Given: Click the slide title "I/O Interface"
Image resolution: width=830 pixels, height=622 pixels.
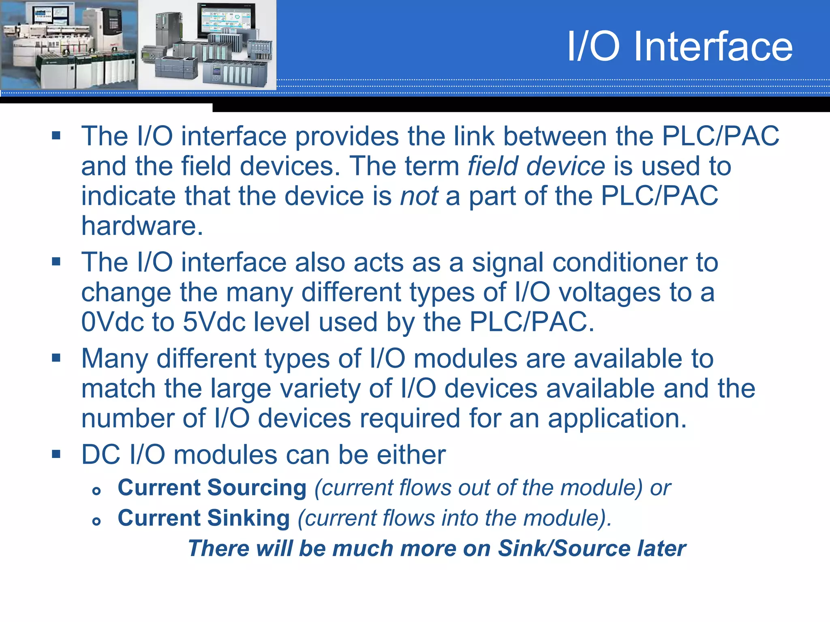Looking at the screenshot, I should coord(679,47).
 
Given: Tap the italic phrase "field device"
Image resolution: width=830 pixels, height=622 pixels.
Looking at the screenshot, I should coord(536,166).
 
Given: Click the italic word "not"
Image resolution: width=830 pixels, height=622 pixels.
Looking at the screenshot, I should coord(419,196).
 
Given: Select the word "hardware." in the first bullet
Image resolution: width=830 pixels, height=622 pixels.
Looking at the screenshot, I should coord(142,226).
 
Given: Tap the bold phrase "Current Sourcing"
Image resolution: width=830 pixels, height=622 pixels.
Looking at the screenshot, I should coord(212,488).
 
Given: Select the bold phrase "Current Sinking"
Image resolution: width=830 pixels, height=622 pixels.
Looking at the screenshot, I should coord(203,518).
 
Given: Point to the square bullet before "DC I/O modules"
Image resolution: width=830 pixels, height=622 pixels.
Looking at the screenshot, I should coord(56,454).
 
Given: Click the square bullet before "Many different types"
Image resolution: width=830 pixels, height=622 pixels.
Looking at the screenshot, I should coord(56,358).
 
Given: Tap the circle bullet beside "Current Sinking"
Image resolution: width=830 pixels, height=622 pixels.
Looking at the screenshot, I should coord(96,521).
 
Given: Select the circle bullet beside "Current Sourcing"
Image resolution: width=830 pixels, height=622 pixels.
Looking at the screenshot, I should coord(96,491).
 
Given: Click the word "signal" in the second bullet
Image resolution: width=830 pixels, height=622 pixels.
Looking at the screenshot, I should coord(507,262).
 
